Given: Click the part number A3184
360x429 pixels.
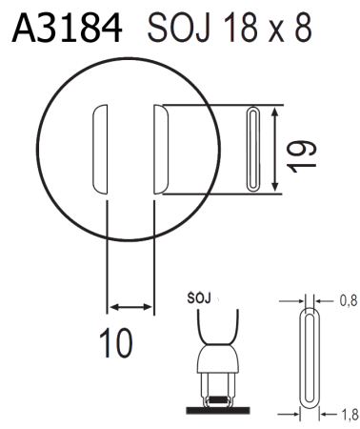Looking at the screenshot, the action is pyautogui.click(x=67, y=28).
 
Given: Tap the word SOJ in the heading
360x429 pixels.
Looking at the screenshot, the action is pyautogui.click(x=179, y=28).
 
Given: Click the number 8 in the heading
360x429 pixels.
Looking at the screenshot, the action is pyautogui.click(x=302, y=28).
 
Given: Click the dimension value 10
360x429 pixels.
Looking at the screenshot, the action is pyautogui.click(x=115, y=343).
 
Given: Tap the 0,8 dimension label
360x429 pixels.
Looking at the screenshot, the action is pyautogui.click(x=349, y=300).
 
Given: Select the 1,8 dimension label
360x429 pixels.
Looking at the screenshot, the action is pyautogui.click(x=350, y=415).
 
